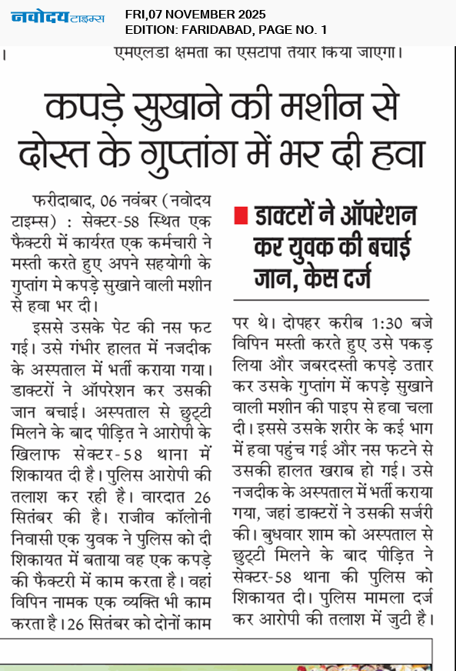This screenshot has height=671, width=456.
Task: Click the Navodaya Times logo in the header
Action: pyautogui.click(x=58, y=16)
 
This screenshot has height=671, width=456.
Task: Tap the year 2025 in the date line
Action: pyautogui.click(x=250, y=14)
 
